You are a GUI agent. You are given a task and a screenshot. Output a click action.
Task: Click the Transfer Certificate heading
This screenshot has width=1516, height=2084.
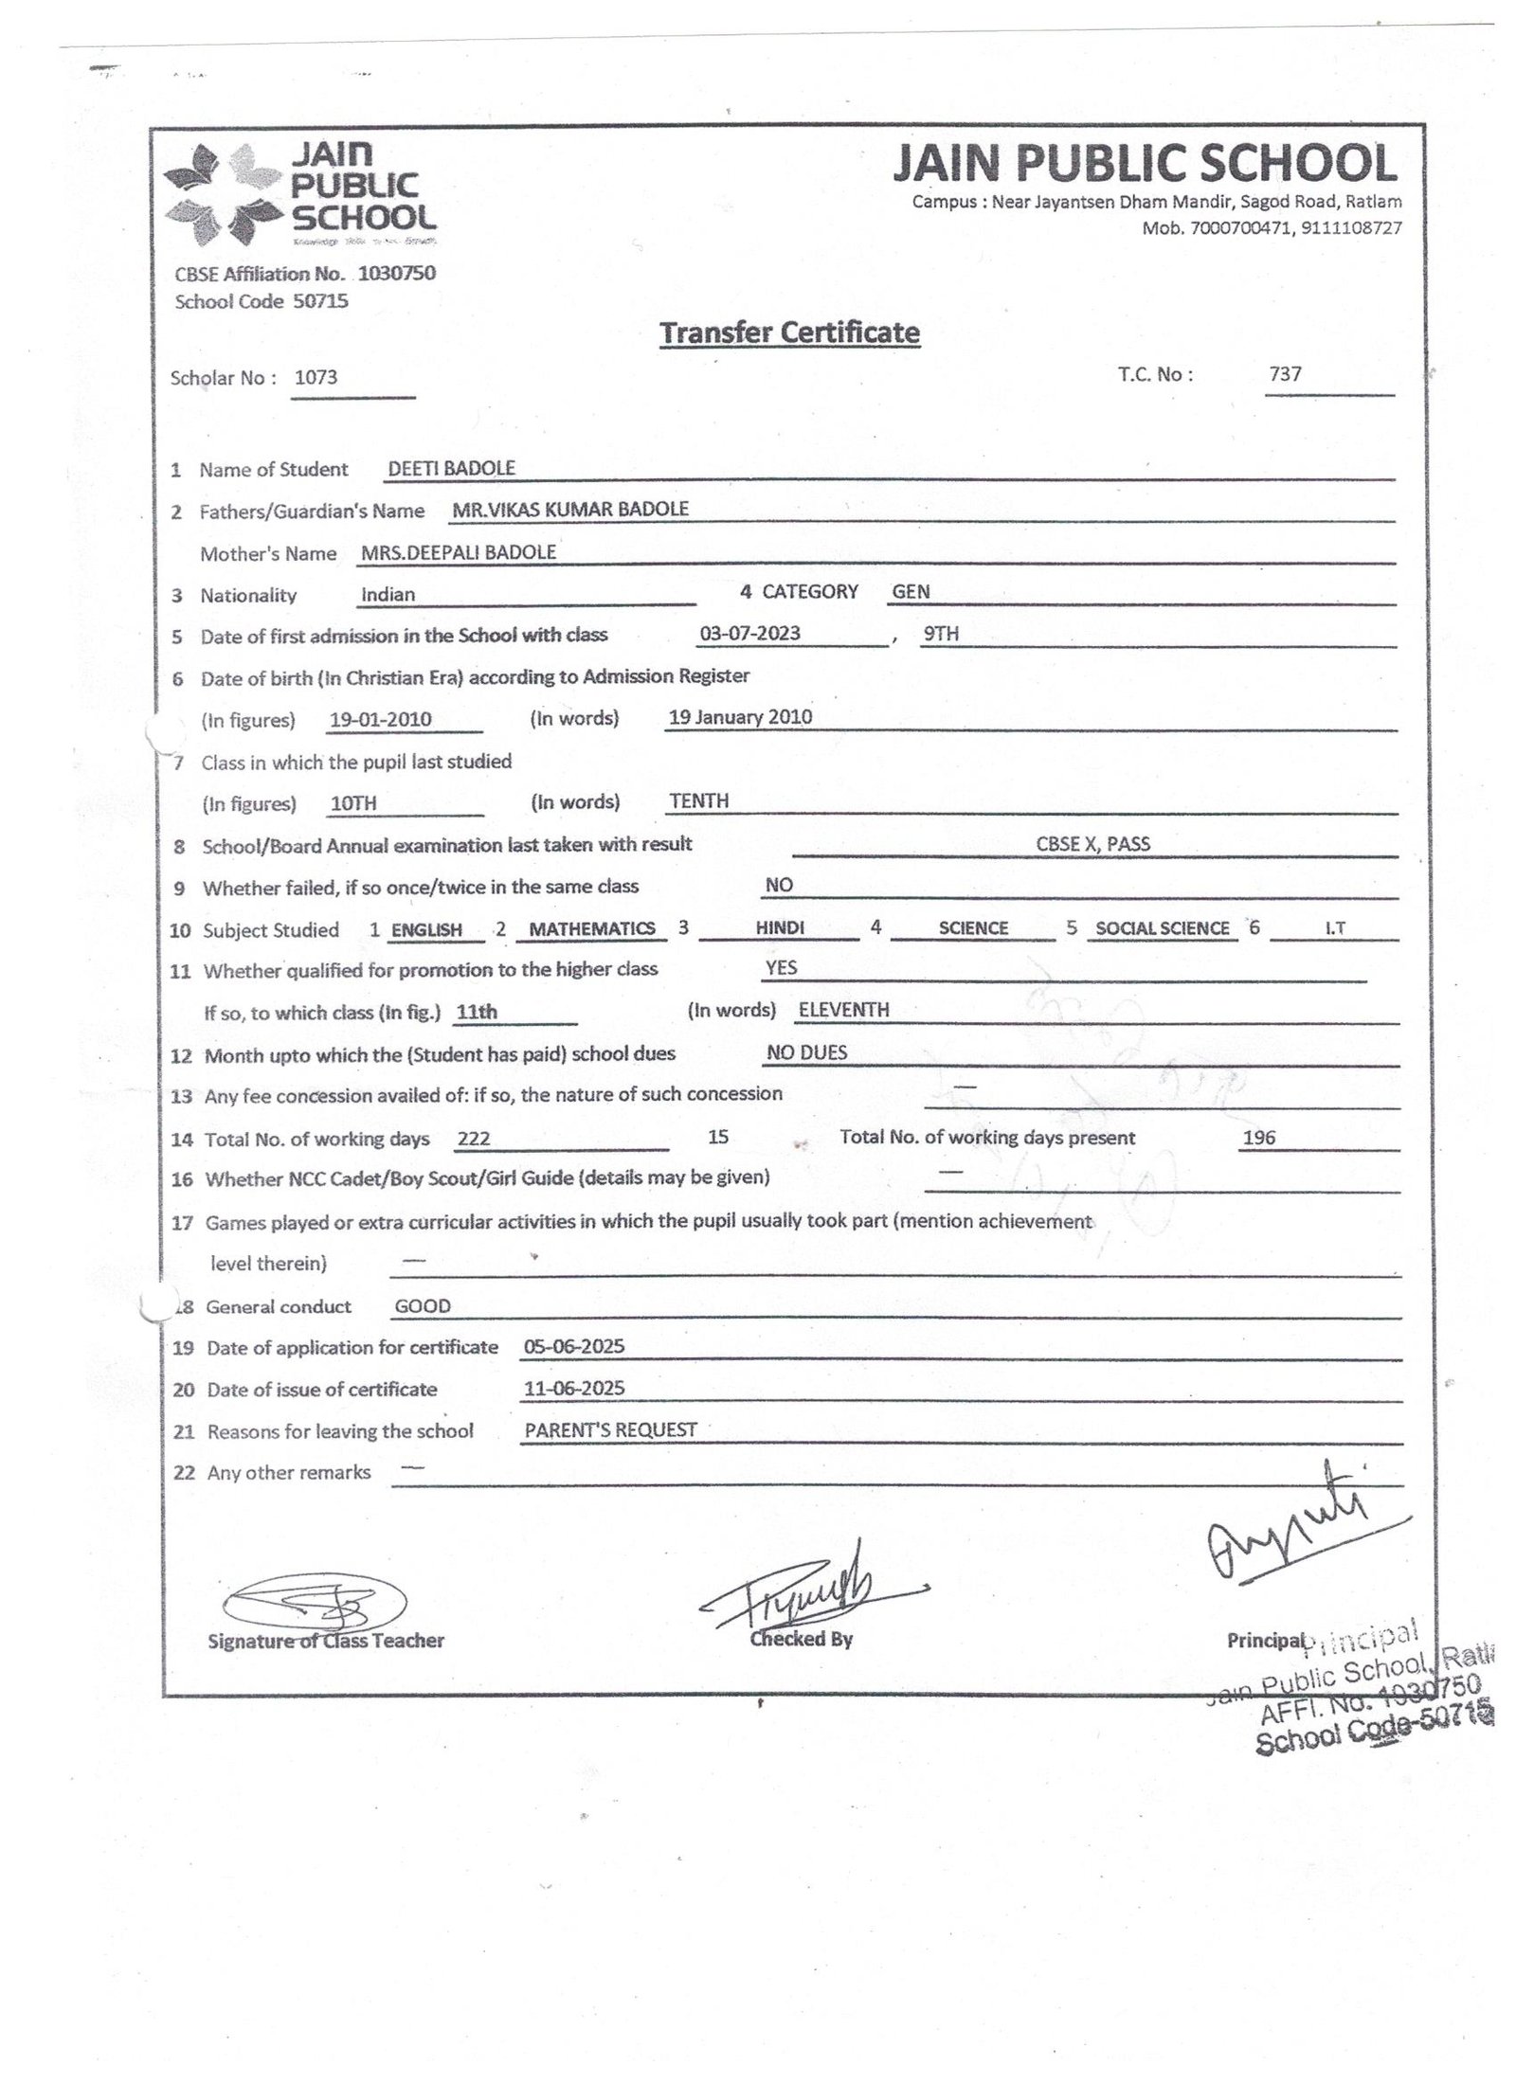(789, 332)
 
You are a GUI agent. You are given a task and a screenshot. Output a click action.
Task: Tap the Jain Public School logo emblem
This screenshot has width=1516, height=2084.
(224, 194)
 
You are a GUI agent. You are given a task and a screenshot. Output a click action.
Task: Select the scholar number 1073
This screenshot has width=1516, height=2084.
(316, 377)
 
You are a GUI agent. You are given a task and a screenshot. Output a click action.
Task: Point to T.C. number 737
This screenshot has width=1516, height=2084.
(1285, 374)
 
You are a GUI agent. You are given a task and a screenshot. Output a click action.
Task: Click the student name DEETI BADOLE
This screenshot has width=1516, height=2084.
(452, 468)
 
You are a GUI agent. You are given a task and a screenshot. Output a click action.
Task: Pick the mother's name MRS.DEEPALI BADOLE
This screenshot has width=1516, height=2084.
(459, 552)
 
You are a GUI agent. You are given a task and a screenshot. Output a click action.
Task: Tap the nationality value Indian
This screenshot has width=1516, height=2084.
(388, 595)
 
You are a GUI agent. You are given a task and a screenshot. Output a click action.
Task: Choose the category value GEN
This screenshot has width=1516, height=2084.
(911, 592)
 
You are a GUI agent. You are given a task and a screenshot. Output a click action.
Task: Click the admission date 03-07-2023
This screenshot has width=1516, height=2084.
(749, 633)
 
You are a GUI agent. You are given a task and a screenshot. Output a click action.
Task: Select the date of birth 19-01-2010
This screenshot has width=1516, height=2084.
(380, 719)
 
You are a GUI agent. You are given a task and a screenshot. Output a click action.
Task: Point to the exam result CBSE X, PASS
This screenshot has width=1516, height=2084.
(1092, 844)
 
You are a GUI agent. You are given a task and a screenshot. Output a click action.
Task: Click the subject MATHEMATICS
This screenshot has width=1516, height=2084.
(591, 928)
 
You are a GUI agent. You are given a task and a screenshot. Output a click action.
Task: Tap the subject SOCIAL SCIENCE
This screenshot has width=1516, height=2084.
(1162, 928)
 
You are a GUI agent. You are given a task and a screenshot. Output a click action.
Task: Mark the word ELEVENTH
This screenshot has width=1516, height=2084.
(843, 1010)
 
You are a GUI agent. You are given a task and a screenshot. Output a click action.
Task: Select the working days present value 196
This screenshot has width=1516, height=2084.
(1258, 1138)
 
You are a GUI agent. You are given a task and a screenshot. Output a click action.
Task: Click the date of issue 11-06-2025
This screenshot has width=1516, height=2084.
(574, 1389)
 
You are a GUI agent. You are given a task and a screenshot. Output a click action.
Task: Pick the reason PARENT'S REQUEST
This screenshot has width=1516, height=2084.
(610, 1429)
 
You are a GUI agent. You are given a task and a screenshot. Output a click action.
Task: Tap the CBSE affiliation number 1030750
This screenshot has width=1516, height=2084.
(397, 274)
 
